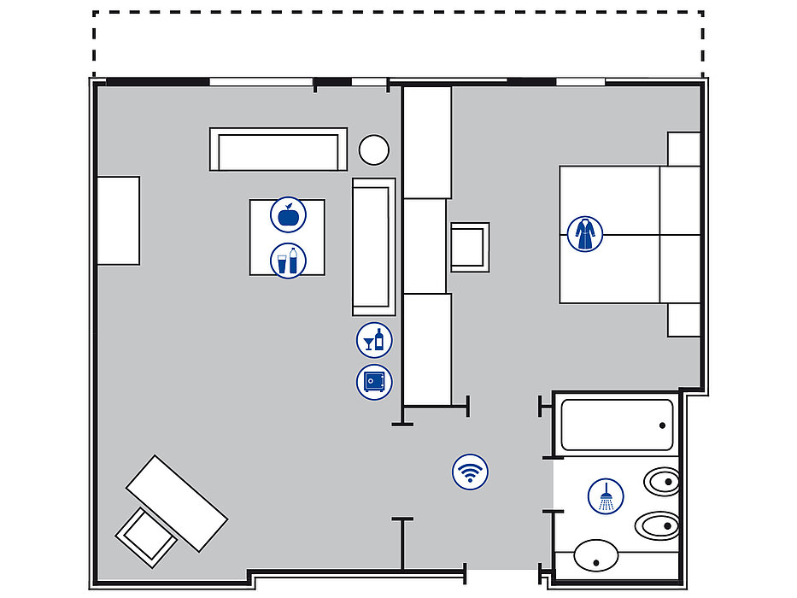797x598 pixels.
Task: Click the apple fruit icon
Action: [x=288, y=214]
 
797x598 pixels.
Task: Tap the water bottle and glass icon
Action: [x=288, y=260]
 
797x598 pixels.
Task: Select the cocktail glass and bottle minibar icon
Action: [x=374, y=340]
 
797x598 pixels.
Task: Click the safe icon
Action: [x=374, y=381]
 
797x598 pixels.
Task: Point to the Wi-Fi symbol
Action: [x=469, y=471]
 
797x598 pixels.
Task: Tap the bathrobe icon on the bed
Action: [x=585, y=233]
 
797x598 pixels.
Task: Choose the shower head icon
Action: [x=606, y=496]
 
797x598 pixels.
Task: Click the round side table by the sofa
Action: [x=373, y=150]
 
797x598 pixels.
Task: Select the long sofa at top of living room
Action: [x=278, y=149]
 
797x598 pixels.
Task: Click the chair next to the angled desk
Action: [x=145, y=536]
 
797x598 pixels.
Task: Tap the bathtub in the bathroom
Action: [x=616, y=425]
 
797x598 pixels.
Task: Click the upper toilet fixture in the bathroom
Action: [x=660, y=484]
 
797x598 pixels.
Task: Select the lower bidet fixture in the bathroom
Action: [x=659, y=525]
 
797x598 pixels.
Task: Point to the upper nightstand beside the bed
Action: [x=683, y=149]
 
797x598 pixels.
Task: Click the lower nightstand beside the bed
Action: [x=683, y=320]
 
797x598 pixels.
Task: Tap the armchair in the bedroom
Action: [x=469, y=247]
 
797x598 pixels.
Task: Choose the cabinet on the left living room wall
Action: [x=118, y=220]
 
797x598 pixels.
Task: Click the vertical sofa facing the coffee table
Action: [x=373, y=247]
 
